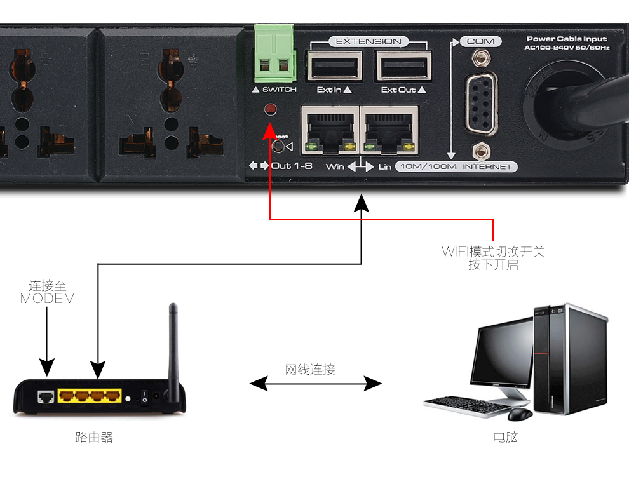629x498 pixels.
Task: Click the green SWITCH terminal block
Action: [274, 54]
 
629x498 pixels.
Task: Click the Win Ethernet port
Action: [329, 131]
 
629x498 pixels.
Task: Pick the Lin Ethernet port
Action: [389, 131]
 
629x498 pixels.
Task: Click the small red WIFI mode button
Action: [271, 109]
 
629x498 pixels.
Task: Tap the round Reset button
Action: [278, 147]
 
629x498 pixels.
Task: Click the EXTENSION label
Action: [369, 41]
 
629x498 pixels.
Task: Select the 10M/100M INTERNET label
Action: [456, 167]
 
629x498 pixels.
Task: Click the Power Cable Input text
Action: [567, 39]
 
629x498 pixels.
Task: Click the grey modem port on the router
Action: [46, 397]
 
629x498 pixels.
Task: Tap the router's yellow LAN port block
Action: [90, 396]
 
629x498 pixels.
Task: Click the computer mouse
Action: [520, 414]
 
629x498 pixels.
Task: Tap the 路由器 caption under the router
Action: [94, 437]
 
